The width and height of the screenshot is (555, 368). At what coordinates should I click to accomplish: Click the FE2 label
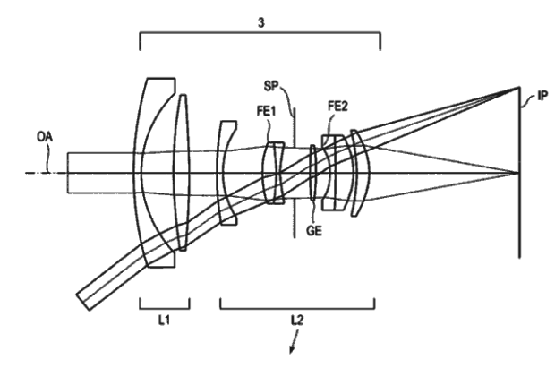(337, 107)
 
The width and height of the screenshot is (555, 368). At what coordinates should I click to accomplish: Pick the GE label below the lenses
(312, 229)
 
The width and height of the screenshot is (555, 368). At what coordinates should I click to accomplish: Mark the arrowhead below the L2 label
(289, 351)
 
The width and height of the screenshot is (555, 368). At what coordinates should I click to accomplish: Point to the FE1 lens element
(271, 172)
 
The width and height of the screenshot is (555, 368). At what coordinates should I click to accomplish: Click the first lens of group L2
(227, 172)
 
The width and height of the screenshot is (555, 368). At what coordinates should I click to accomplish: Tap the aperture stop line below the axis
(295, 215)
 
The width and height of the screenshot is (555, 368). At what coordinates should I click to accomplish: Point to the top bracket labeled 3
(260, 36)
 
